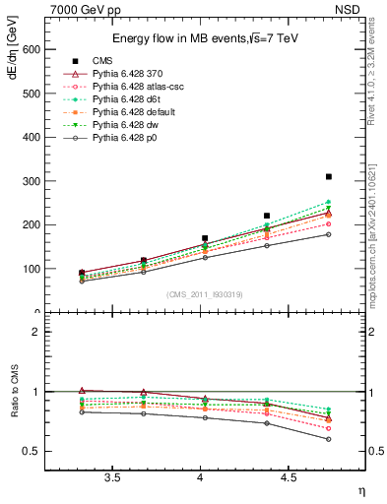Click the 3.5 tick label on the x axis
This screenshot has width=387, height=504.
point(112,478)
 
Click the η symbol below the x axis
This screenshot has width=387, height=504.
point(361,490)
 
